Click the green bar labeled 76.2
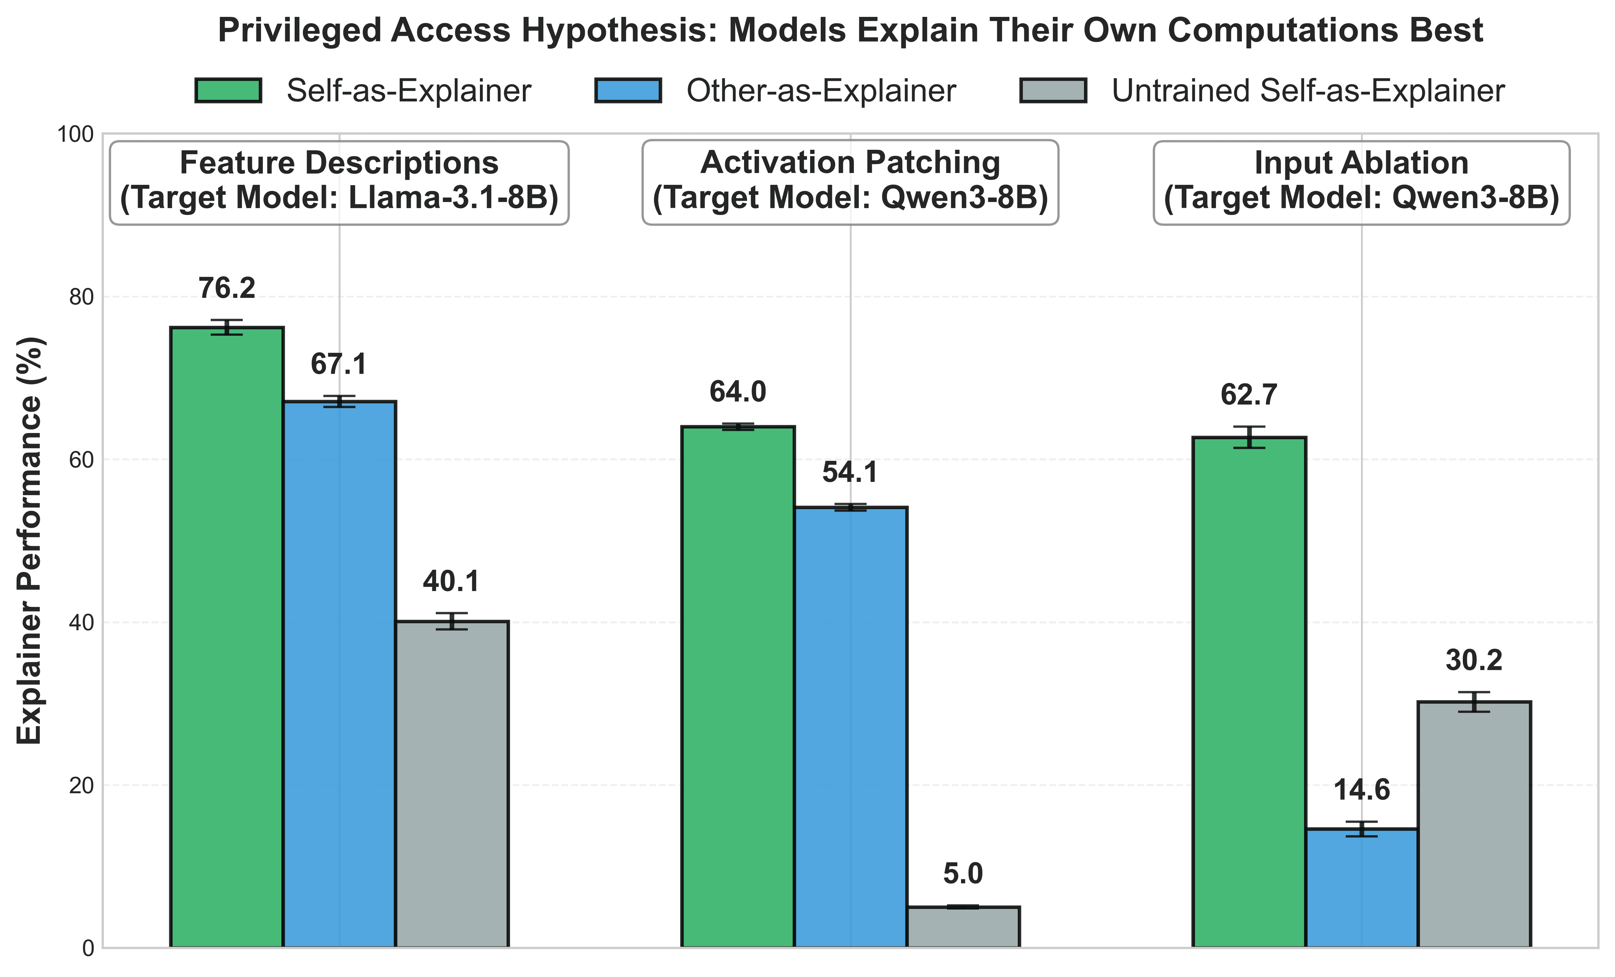point(227,636)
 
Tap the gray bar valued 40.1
point(452,783)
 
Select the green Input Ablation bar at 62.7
point(1249,692)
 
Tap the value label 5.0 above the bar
point(963,873)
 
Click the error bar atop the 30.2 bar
point(1474,701)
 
